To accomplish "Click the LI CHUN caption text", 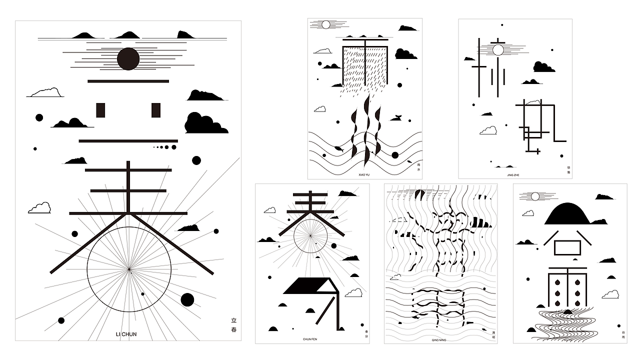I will tap(126, 334).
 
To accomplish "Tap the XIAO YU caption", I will tap(364, 174).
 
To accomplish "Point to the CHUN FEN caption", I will tap(310, 339).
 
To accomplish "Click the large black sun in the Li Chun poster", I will tap(128, 59).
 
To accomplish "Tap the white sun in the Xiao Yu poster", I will tap(326, 24).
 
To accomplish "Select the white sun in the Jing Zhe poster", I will tap(498, 50).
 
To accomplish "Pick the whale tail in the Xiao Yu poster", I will tap(398, 118).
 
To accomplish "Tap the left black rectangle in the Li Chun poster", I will tap(100, 110).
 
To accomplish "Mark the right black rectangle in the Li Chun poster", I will tap(156, 110).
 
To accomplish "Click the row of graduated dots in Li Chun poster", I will tap(165, 147).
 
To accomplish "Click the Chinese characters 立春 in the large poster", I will tap(234, 325).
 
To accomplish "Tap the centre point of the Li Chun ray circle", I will tap(129, 269).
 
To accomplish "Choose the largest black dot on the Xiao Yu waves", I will tap(395, 155).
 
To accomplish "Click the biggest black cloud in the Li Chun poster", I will tap(205, 123).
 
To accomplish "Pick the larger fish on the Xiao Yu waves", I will tap(338, 148).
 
